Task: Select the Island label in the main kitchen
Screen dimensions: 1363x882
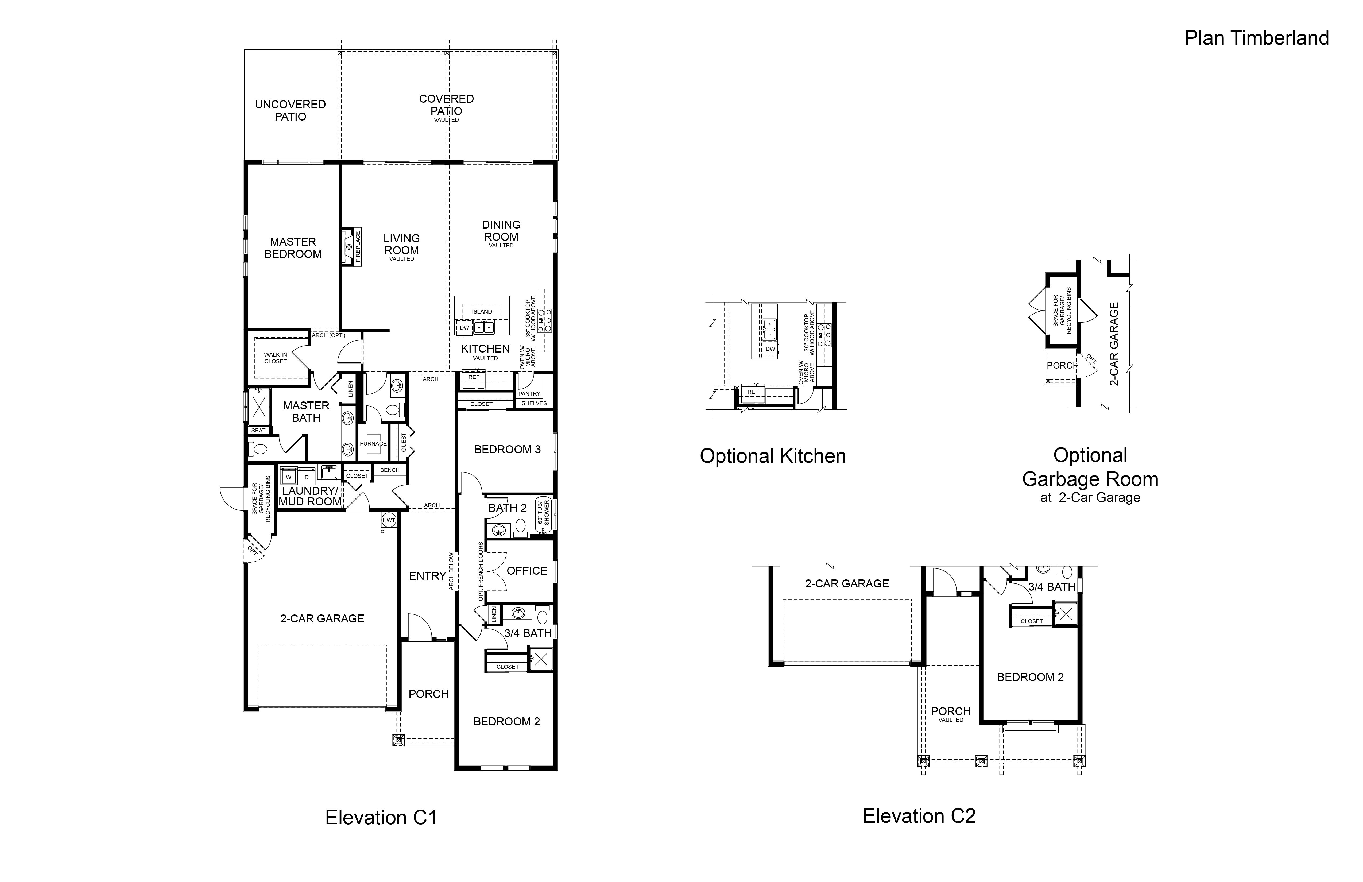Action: pos(482,312)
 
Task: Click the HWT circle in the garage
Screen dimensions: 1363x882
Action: pos(389,520)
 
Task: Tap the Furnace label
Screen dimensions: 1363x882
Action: pos(373,443)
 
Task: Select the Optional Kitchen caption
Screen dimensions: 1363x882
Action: pos(773,456)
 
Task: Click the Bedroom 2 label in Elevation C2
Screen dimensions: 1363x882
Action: pos(1030,677)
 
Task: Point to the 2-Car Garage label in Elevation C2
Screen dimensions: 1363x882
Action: pos(847,584)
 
